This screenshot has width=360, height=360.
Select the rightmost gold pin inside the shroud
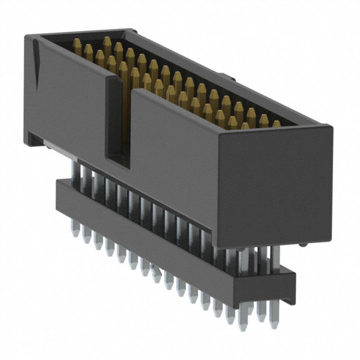[276, 124]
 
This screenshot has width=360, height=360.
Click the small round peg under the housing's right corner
[303, 245]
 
